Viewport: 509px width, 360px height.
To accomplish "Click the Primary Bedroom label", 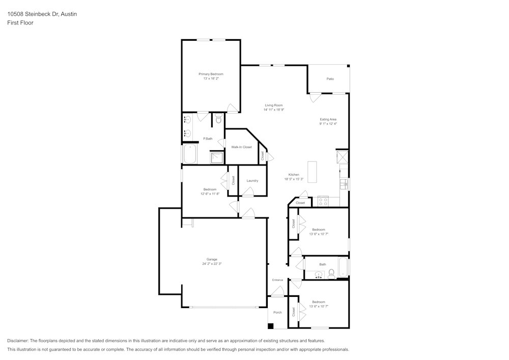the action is (x=211, y=74).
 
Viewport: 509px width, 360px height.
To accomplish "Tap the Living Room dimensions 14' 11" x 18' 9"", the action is (x=274, y=109).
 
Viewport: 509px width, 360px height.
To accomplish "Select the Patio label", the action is (x=330, y=79).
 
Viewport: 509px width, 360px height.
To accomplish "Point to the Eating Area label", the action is (x=328, y=119).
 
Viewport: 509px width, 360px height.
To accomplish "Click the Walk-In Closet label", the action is (x=241, y=147).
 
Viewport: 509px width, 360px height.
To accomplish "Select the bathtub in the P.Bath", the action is (x=190, y=154).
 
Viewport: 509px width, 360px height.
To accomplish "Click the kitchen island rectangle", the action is (x=312, y=172).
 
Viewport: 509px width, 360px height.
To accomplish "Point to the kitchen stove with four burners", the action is (x=323, y=202).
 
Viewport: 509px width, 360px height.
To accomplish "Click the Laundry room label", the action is (x=252, y=181).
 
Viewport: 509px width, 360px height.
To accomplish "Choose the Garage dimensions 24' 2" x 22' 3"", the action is (x=212, y=264).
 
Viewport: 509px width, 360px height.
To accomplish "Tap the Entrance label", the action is (x=277, y=280).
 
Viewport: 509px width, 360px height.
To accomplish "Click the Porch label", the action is (x=277, y=312).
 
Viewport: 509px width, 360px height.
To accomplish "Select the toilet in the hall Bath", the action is (x=331, y=274).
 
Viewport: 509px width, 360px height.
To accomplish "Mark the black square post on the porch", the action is (x=270, y=326).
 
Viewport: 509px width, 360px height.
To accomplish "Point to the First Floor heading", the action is (x=20, y=23).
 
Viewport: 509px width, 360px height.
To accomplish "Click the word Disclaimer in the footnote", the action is (x=18, y=341).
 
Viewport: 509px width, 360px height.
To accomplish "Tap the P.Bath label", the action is (x=208, y=139).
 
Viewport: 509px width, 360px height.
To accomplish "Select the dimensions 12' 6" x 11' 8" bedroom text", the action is (x=210, y=194).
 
